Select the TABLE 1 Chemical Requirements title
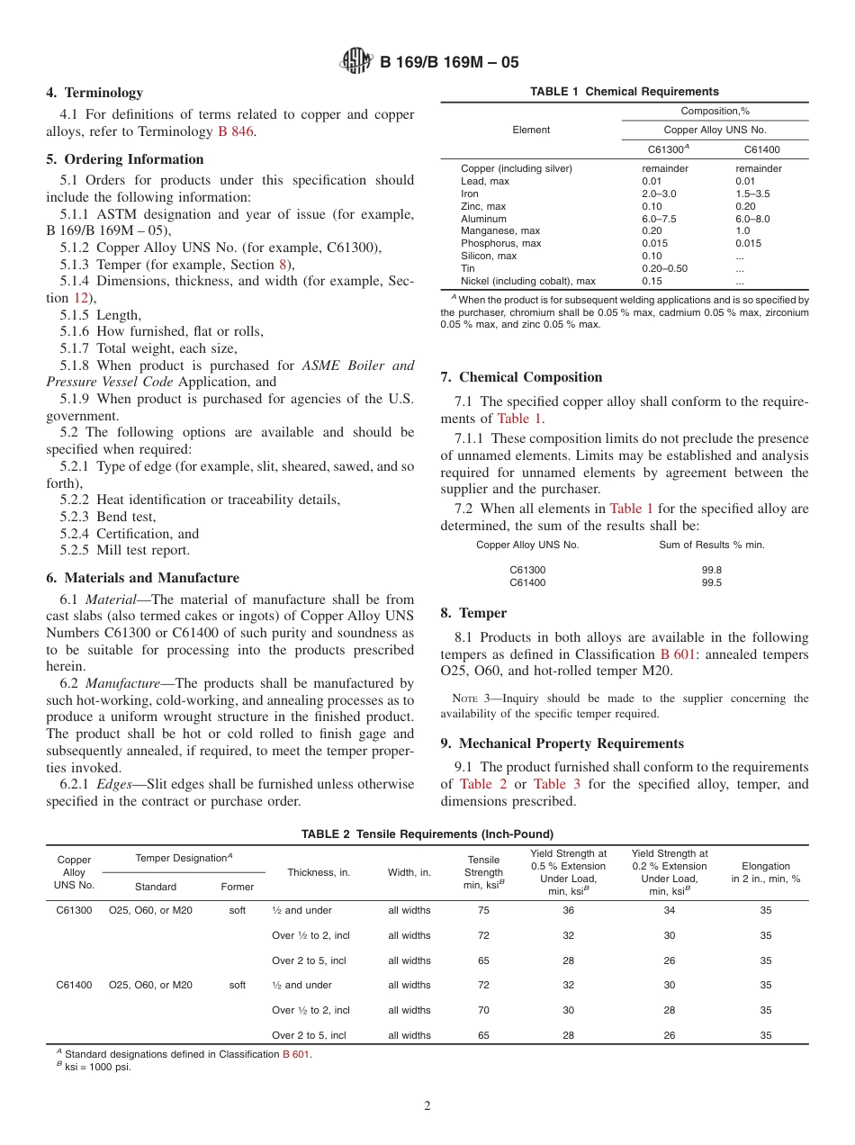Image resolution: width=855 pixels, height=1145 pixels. click(625, 92)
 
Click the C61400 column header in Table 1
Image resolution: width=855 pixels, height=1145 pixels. click(761, 149)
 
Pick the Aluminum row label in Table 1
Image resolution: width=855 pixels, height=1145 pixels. click(483, 219)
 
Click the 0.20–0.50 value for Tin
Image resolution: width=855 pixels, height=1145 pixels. click(664, 268)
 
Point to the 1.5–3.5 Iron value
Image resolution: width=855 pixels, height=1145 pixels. click(752, 194)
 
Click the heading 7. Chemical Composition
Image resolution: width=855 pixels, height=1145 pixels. click(521, 377)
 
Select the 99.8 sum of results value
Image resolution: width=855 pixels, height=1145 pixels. click(711, 570)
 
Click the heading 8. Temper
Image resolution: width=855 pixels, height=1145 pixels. click(473, 613)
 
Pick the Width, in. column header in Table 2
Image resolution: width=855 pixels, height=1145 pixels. click(409, 872)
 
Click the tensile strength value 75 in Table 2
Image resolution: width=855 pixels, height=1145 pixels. click(483, 910)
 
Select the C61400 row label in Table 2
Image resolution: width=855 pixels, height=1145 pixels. click(74, 985)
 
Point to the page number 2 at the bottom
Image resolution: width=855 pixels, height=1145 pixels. click(427, 1106)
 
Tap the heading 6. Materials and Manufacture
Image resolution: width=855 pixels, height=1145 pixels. click(142, 578)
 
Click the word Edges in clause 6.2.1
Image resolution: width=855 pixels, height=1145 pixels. click(114, 784)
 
